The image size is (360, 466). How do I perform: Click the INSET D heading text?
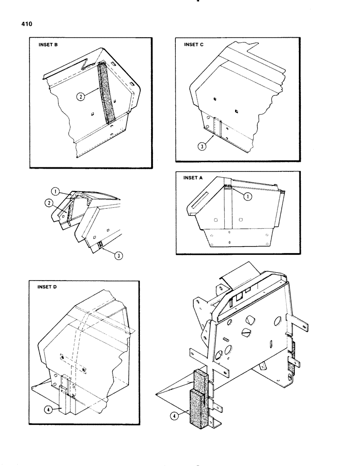47,288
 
